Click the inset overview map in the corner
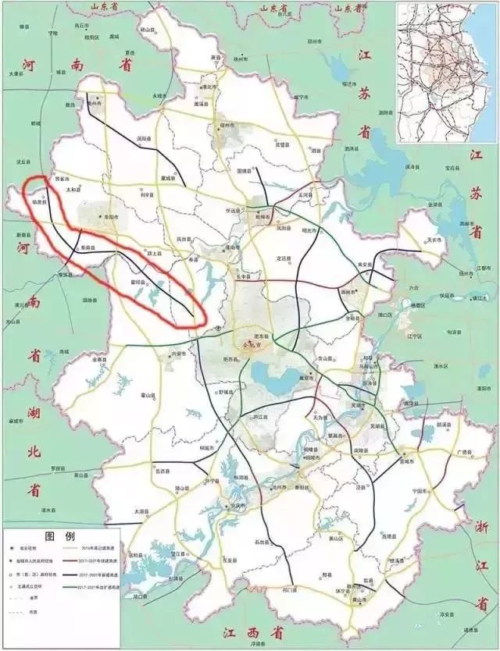point(445,73)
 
